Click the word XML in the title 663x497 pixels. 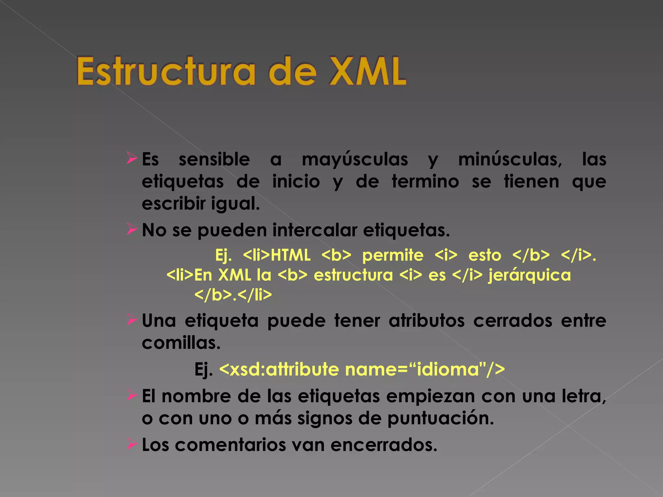tap(367, 71)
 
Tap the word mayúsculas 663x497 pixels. tap(355, 160)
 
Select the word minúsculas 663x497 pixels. tap(510, 160)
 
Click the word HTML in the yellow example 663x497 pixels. tap(290, 255)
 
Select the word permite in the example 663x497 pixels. tap(393, 255)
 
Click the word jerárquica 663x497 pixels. tap(530, 275)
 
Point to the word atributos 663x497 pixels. tap(427, 321)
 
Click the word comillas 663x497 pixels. tap(181, 343)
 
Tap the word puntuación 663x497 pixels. tap(441, 418)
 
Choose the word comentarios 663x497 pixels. tap(230, 445)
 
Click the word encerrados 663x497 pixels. tap(384, 445)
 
